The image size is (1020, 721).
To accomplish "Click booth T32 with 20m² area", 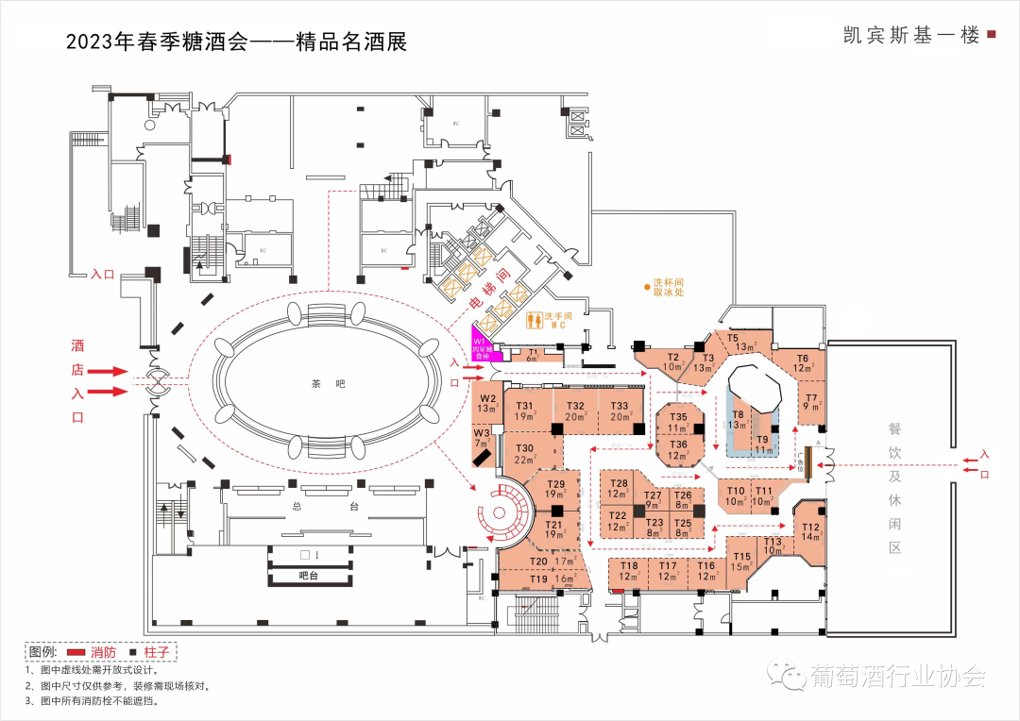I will tap(576, 411).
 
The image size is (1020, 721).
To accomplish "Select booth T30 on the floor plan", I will tap(525, 454).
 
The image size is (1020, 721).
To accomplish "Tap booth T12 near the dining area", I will tap(811, 531).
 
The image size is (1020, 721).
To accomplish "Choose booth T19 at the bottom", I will tap(539, 578).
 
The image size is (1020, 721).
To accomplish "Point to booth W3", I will tap(483, 439).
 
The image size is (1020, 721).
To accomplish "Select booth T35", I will tap(679, 422).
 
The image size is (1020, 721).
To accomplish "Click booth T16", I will tap(706, 570).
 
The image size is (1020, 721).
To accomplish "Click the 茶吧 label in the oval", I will tap(316, 384).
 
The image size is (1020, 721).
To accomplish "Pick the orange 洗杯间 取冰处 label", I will tap(668, 287).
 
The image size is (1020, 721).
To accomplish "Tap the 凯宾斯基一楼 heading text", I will tap(911, 35).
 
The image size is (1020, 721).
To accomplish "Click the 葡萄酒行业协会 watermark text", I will tap(897, 676).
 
